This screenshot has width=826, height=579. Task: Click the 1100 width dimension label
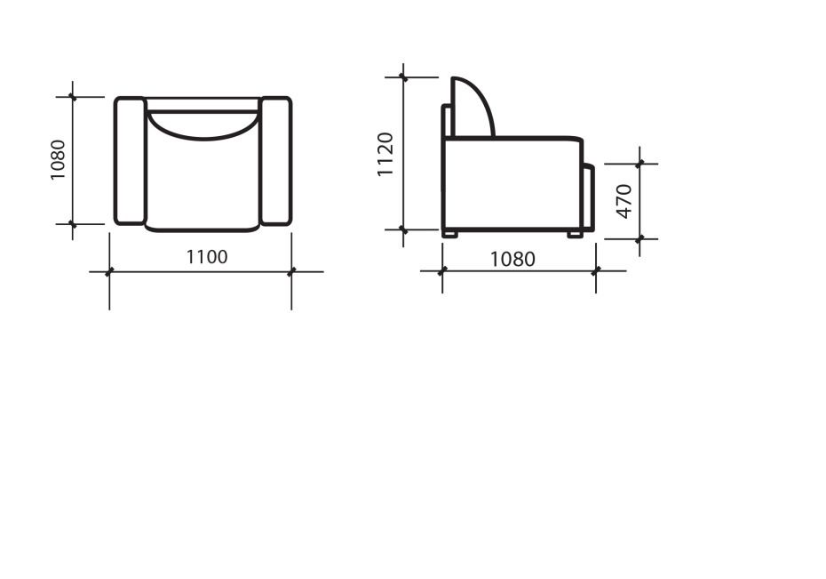(x=207, y=257)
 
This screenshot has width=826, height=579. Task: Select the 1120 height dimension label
(x=385, y=154)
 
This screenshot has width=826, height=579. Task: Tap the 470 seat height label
(x=623, y=201)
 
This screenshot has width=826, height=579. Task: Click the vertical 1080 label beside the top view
(x=58, y=159)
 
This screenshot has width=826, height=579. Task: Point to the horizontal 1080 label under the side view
(x=512, y=259)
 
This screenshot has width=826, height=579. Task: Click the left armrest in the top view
(x=130, y=161)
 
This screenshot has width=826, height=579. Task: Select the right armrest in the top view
(x=276, y=161)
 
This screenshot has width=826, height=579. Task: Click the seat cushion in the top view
(x=203, y=185)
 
